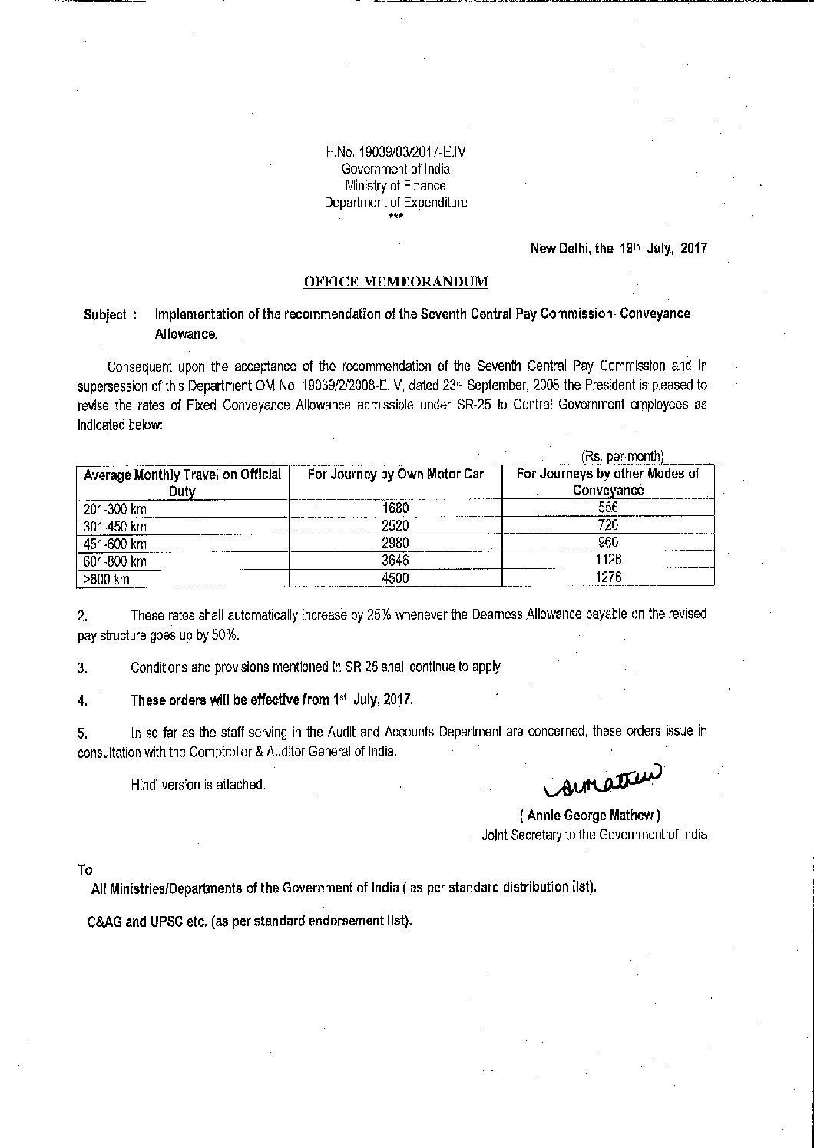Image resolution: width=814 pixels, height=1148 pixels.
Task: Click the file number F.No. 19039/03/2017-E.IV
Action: point(395,152)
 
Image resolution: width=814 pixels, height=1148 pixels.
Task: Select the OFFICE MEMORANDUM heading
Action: point(395,282)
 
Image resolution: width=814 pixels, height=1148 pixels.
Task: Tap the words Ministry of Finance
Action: point(395,186)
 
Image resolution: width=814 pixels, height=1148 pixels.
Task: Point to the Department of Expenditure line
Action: point(395,203)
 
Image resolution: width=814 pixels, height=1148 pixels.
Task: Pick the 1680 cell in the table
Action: point(395,508)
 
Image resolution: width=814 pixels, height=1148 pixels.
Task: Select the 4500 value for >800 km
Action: point(395,578)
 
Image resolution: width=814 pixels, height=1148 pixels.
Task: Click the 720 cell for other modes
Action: point(607,526)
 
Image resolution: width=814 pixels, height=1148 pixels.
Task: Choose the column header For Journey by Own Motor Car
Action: point(395,475)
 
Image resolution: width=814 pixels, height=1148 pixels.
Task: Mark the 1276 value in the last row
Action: point(607,578)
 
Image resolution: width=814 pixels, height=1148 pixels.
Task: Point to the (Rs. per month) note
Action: point(623,456)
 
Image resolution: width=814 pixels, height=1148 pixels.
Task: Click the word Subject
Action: point(105,315)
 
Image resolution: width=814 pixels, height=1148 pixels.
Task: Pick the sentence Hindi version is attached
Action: point(198,785)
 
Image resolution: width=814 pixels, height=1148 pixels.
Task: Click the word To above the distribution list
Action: point(84,870)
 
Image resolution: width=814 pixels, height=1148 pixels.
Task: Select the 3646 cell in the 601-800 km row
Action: point(395,561)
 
